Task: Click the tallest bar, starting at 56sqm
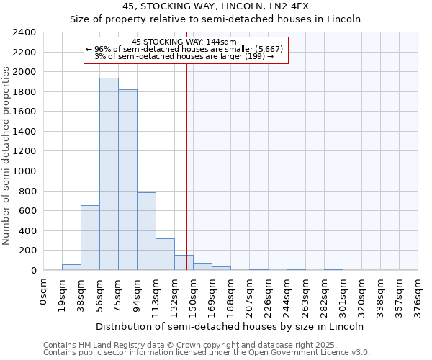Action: point(109,174)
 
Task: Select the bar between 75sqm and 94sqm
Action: point(127,179)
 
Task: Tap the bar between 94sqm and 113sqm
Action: point(146,231)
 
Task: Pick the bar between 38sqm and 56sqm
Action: point(90,238)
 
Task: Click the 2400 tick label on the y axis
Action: point(24,32)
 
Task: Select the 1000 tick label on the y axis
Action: point(24,171)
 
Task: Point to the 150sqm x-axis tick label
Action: point(194,297)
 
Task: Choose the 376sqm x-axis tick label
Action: point(418,297)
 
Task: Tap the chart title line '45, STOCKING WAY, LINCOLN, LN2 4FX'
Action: point(215,6)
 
